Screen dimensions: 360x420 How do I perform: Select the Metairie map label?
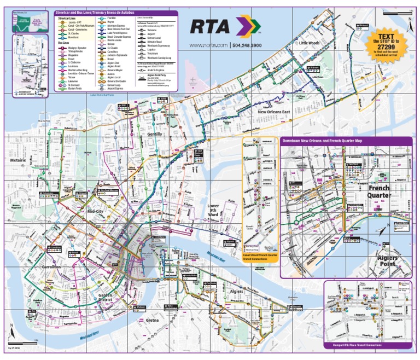[x=19, y=160]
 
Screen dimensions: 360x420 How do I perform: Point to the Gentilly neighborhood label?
[x=155, y=134]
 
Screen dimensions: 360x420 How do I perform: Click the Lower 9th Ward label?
[x=213, y=211]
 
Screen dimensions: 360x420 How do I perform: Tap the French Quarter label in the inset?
[x=378, y=191]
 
